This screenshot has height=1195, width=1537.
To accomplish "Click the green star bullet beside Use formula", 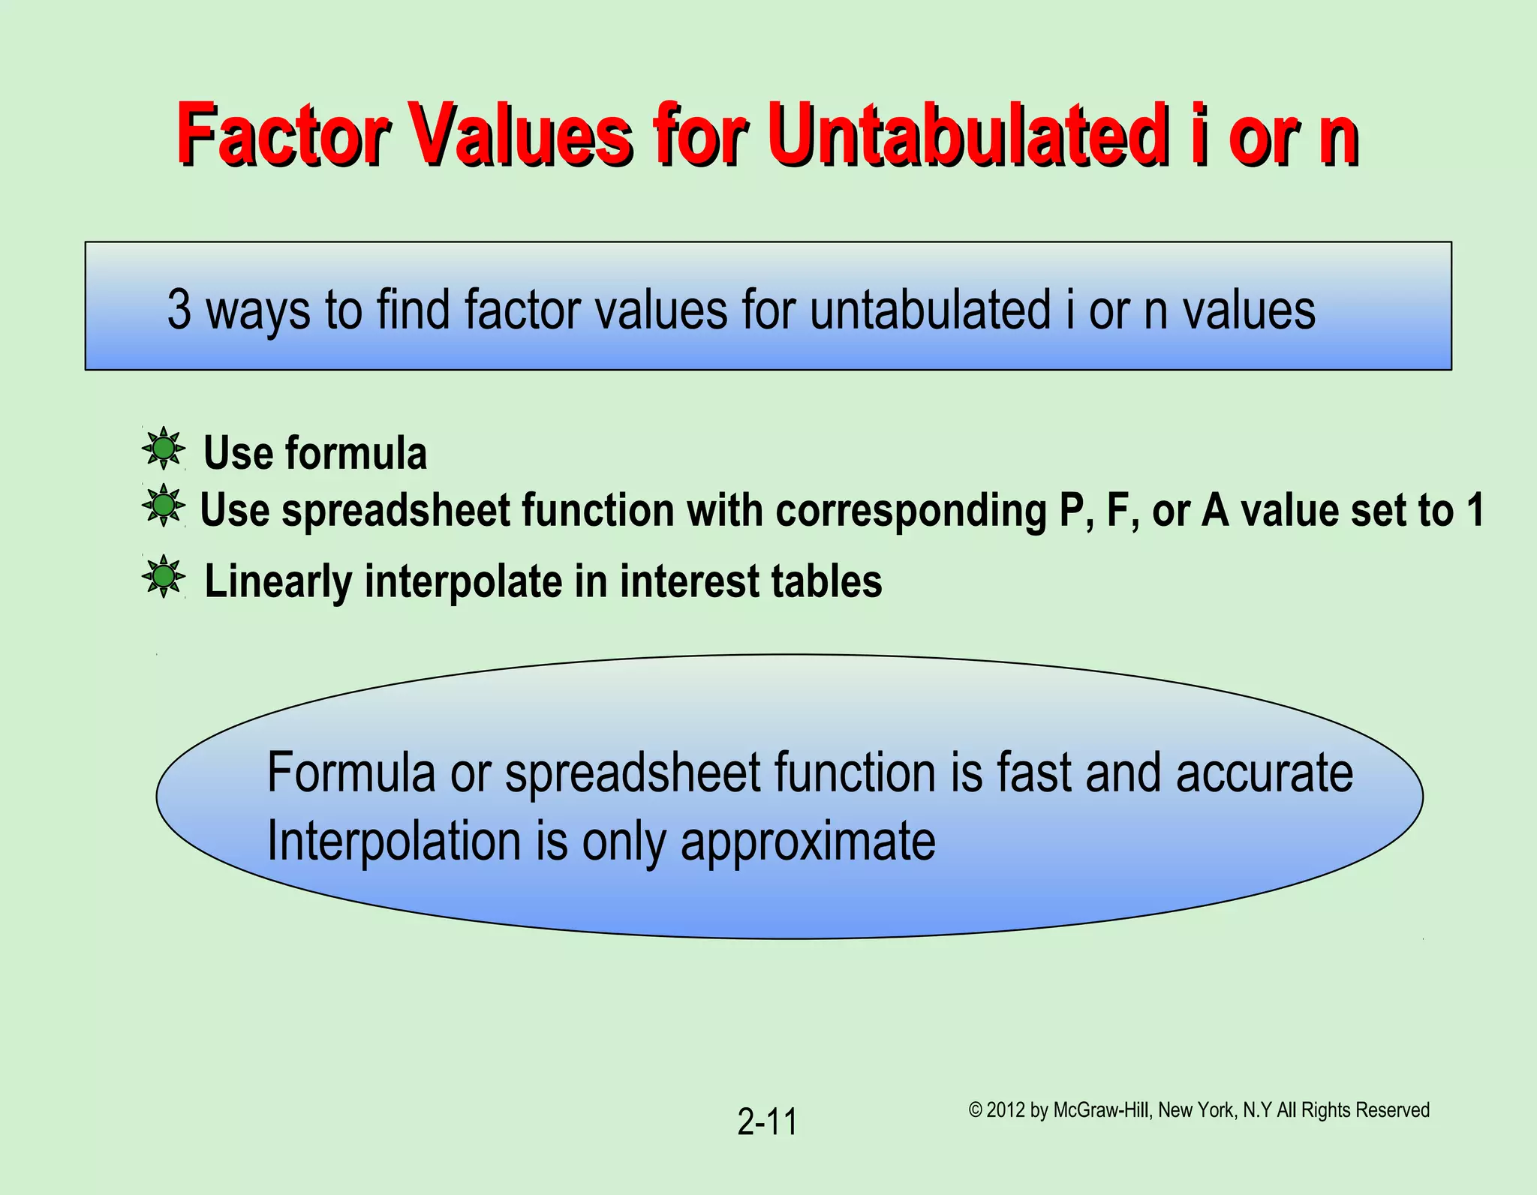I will pyautogui.click(x=163, y=449).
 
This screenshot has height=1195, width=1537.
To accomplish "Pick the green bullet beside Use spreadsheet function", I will pyautogui.click(x=163, y=506).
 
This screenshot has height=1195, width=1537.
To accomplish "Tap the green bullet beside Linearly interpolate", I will pyautogui.click(x=163, y=577).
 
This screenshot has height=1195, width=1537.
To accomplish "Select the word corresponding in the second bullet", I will pyautogui.click(x=911, y=512).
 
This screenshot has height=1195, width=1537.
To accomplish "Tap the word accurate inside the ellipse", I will pyautogui.click(x=1264, y=773).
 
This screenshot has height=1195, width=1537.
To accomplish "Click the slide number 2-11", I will pyautogui.click(x=767, y=1122).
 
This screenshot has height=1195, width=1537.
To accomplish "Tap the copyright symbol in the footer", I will pyautogui.click(x=975, y=1110).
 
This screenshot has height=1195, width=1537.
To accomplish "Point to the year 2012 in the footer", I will pyautogui.click(x=1006, y=1110).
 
